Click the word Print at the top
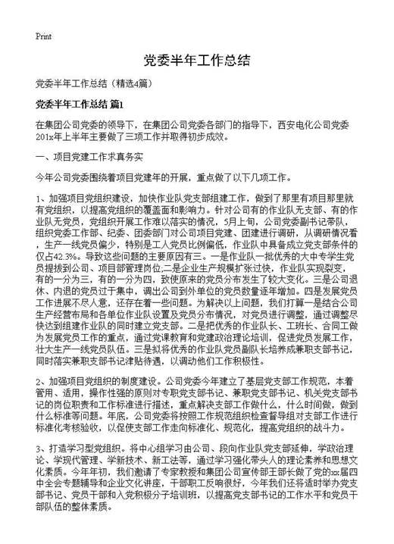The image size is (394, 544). point(42,36)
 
